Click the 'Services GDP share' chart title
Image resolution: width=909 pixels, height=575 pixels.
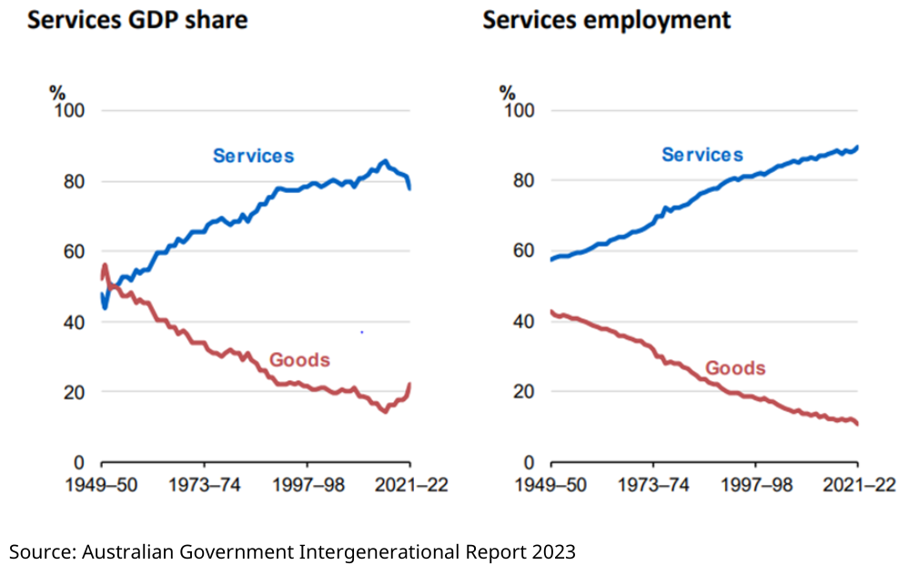pyautogui.click(x=137, y=19)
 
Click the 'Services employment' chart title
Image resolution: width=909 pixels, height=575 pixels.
pyautogui.click(x=606, y=19)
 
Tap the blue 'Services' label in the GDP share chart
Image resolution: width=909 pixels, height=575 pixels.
pyautogui.click(x=253, y=156)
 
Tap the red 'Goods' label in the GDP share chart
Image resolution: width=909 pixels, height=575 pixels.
pyautogui.click(x=299, y=360)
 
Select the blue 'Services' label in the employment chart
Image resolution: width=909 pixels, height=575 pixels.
pyautogui.click(x=702, y=155)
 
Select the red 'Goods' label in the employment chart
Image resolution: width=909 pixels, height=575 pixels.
pyautogui.click(x=735, y=368)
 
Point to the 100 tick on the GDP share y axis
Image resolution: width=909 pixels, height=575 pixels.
pyautogui.click(x=69, y=111)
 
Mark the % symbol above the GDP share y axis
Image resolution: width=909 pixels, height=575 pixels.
pyautogui.click(x=58, y=92)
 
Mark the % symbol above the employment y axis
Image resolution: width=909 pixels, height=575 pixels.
pyautogui.click(x=507, y=92)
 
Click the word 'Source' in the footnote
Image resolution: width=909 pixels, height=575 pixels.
pyautogui.click(x=41, y=551)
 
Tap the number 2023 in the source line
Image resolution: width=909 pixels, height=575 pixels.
pyautogui.click(x=554, y=551)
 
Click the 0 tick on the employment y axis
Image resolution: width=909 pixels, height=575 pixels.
pyautogui.click(x=528, y=462)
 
